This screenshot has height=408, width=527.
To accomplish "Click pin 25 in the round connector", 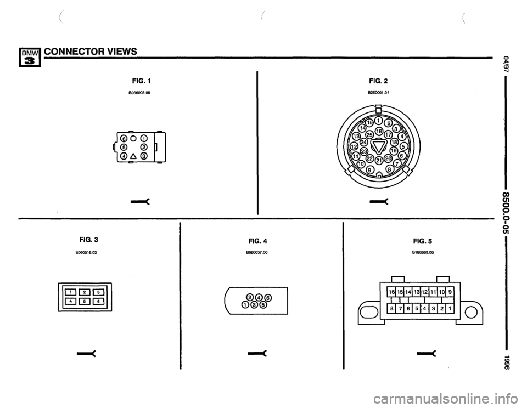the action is [362, 135].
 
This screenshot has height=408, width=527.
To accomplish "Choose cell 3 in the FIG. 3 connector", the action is [102, 291].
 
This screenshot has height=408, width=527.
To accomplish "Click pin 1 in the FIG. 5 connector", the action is [450, 309].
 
